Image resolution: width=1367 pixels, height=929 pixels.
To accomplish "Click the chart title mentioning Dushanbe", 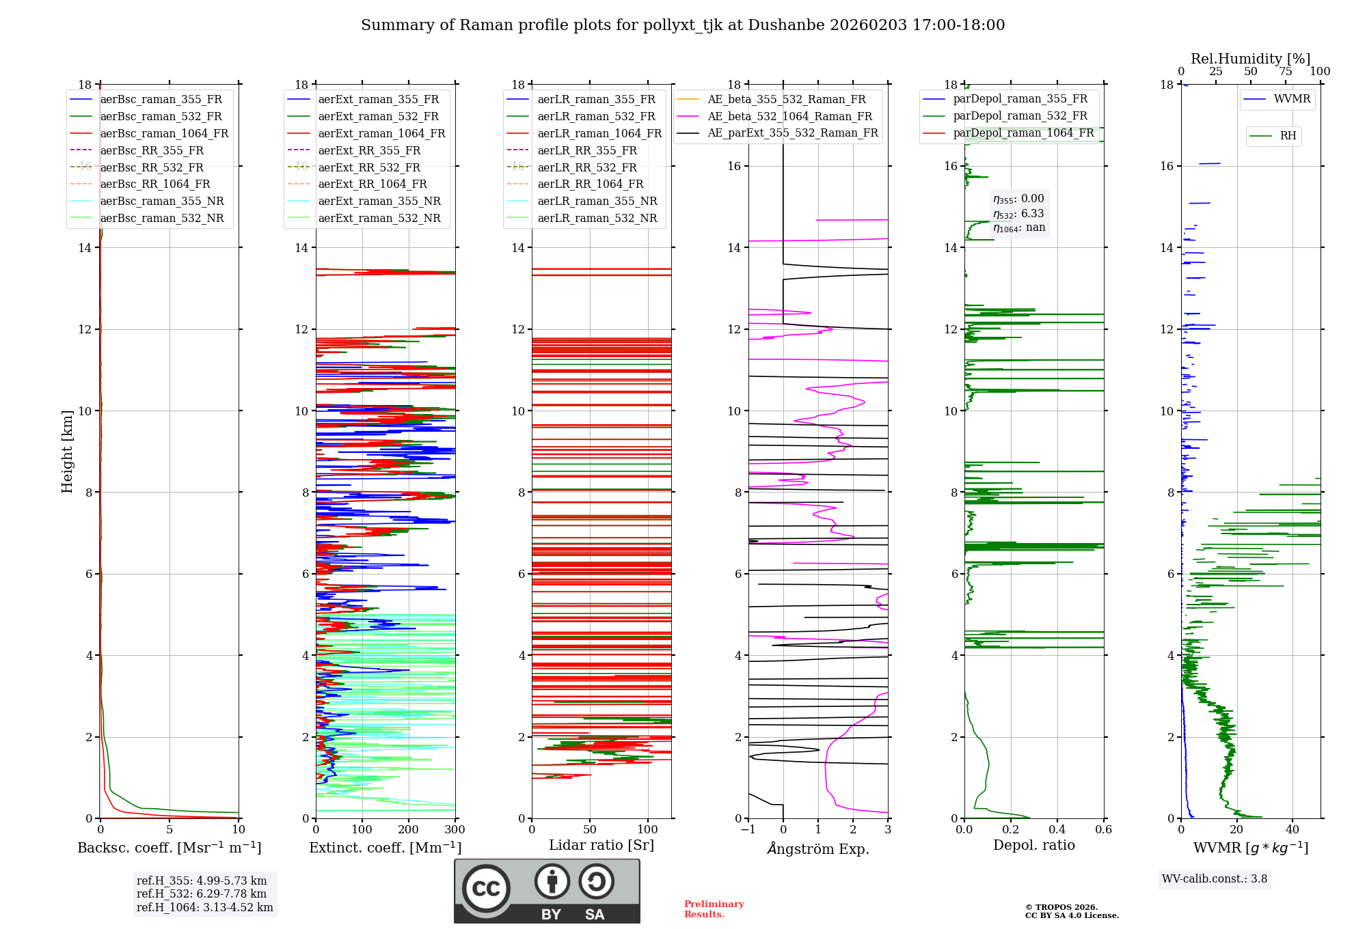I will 683,25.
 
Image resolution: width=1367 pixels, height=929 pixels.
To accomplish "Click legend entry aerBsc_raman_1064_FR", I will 164,134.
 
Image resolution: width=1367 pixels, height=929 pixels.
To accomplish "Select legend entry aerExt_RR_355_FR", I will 369,151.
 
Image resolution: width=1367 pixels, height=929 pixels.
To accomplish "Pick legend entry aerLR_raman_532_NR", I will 597,219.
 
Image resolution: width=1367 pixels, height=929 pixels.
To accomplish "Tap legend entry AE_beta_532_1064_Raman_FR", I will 789,117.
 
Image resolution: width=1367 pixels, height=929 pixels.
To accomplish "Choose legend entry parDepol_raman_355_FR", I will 1020,99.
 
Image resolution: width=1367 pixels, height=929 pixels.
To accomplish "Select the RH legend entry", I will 1288,136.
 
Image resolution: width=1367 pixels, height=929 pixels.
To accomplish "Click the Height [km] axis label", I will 67,452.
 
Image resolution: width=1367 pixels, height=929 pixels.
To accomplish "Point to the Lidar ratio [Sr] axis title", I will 601,846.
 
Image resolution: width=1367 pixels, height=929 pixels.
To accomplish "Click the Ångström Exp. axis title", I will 818,849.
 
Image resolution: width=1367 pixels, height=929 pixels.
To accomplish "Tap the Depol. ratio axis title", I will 1033,846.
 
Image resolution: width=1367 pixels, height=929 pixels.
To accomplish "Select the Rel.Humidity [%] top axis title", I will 1250,59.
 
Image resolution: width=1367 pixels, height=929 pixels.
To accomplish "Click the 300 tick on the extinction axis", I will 455,830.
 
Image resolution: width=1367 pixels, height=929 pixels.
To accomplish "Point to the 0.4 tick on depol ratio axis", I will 1057,830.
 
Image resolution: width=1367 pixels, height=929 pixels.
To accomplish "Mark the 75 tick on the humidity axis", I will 1285,72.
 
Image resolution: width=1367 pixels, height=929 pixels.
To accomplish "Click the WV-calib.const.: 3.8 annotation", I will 1215,879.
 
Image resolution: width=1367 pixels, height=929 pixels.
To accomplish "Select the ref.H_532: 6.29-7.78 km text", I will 202,894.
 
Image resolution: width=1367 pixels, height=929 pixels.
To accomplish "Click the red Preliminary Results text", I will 714,909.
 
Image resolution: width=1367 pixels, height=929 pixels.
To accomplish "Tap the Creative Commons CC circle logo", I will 486,889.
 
